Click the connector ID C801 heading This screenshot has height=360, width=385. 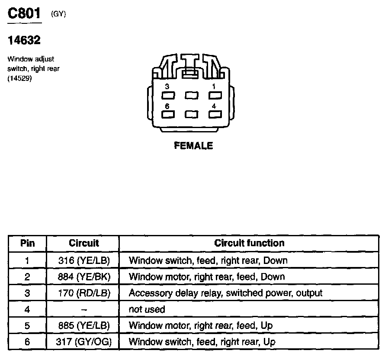24,13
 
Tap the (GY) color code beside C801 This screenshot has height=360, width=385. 58,14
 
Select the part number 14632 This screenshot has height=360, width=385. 24,40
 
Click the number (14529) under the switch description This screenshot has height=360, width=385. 19,78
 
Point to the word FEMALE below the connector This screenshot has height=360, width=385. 193,146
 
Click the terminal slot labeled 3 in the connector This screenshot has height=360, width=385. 168,95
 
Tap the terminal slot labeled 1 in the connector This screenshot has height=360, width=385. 215,95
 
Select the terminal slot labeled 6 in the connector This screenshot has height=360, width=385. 168,114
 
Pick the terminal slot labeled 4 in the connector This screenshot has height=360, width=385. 215,114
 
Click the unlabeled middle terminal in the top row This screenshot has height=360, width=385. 192,95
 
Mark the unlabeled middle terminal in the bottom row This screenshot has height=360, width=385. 192,114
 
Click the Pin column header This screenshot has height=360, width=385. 28,243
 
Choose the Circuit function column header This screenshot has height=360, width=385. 249,243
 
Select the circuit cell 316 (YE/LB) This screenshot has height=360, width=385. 84,260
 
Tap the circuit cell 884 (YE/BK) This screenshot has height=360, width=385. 84,277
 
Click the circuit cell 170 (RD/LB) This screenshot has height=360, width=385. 84,293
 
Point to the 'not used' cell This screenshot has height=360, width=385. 147,309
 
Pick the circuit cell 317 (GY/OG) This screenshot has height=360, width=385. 84,341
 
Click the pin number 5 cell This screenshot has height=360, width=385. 27,326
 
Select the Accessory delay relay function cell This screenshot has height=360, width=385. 225,293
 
